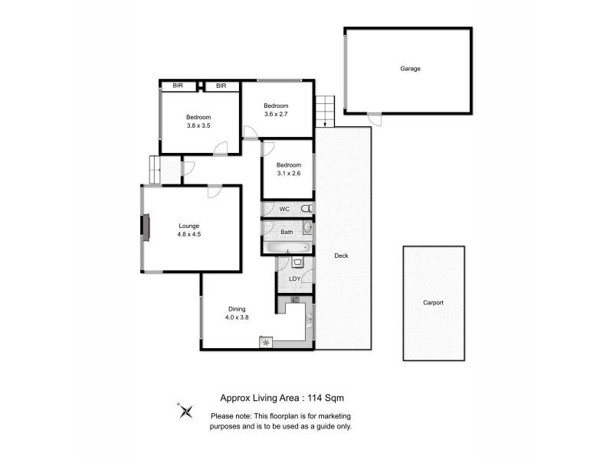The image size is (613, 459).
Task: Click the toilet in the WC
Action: pyautogui.click(x=306, y=209)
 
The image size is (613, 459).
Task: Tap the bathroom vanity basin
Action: pyautogui.click(x=308, y=227)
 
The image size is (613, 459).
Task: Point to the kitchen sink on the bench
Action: pyautogui.click(x=309, y=317)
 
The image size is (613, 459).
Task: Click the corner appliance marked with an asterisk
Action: pyautogui.click(x=266, y=343)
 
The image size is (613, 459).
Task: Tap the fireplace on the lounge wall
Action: pyautogui.click(x=144, y=226)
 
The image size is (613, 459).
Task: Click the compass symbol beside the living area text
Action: pyautogui.click(x=185, y=411)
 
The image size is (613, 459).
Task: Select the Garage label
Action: pyautogui.click(x=410, y=68)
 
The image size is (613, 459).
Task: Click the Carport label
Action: pyautogui.click(x=433, y=302)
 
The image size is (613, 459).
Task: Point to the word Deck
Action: pyautogui.click(x=341, y=256)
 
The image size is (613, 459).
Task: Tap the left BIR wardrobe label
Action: pyautogui.click(x=178, y=86)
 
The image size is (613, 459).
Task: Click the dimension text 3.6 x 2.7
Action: pyautogui.click(x=276, y=114)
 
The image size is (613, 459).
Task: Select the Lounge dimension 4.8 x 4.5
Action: pyautogui.click(x=188, y=235)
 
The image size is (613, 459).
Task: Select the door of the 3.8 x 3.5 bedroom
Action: pyautogui.click(x=221, y=148)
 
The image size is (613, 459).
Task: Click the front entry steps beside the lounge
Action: pyautogui.click(x=154, y=169)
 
